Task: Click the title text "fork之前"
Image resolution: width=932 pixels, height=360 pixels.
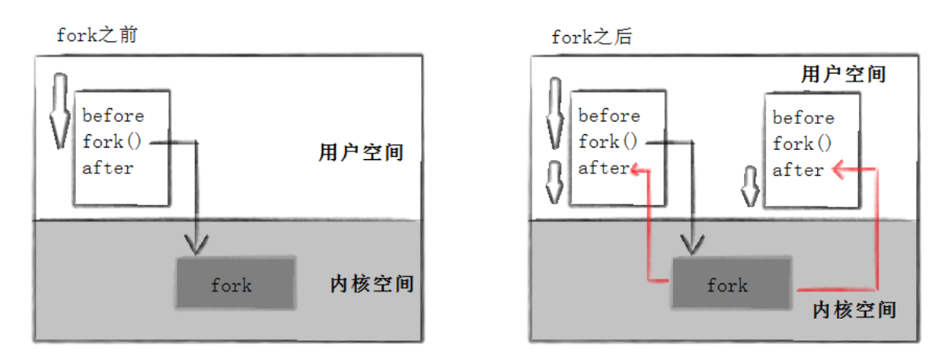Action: point(97,36)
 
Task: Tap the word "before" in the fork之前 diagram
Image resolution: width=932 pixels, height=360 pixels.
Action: point(113,115)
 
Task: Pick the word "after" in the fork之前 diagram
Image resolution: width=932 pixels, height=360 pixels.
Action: point(108,168)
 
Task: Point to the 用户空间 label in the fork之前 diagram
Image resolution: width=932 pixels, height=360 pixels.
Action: point(361,153)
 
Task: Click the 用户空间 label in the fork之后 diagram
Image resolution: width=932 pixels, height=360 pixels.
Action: point(843,74)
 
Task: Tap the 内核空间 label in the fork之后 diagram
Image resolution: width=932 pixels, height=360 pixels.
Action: point(855,310)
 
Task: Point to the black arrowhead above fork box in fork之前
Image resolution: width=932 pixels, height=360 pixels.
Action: point(195,243)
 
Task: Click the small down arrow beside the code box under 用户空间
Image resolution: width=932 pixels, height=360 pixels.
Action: point(748,185)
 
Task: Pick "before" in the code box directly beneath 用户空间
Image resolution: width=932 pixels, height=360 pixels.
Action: point(803,118)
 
